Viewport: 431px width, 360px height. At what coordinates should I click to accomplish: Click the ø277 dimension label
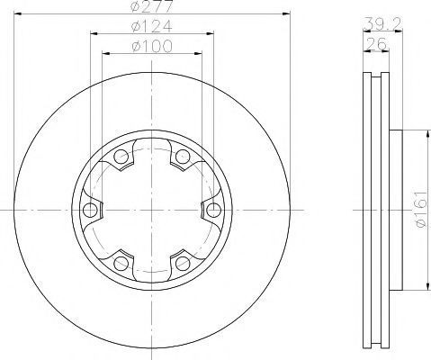(x=152, y=6)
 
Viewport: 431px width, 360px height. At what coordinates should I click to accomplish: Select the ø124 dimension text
(x=152, y=26)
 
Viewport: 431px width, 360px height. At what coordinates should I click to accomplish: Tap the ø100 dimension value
(x=152, y=46)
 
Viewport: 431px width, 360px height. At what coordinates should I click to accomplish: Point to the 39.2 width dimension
(x=382, y=23)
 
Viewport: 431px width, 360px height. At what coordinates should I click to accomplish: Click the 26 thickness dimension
(x=376, y=44)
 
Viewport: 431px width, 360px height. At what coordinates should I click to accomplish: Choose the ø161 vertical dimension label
(x=420, y=209)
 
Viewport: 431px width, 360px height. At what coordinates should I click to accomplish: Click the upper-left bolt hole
(x=121, y=157)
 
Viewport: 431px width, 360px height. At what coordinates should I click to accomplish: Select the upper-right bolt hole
(x=183, y=157)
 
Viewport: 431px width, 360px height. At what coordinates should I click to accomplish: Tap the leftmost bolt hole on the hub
(x=90, y=210)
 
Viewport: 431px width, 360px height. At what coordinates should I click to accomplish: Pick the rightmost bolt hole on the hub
(x=214, y=210)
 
